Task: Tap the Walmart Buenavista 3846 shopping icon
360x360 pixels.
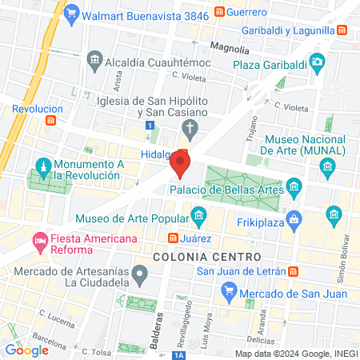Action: pyautogui.click(x=71, y=13)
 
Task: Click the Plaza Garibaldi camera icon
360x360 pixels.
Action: pyautogui.click(x=318, y=62)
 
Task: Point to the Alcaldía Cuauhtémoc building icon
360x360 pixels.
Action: pyautogui.click(x=95, y=61)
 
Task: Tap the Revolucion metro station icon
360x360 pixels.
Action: pyautogui.click(x=52, y=120)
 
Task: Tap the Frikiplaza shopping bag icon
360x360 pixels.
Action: pyautogui.click(x=294, y=217)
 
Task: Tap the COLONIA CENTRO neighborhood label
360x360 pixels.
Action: pyautogui.click(x=206, y=257)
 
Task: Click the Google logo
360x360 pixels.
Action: pyautogui.click(x=26, y=350)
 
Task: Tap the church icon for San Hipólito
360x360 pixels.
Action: pyautogui.click(x=190, y=126)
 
